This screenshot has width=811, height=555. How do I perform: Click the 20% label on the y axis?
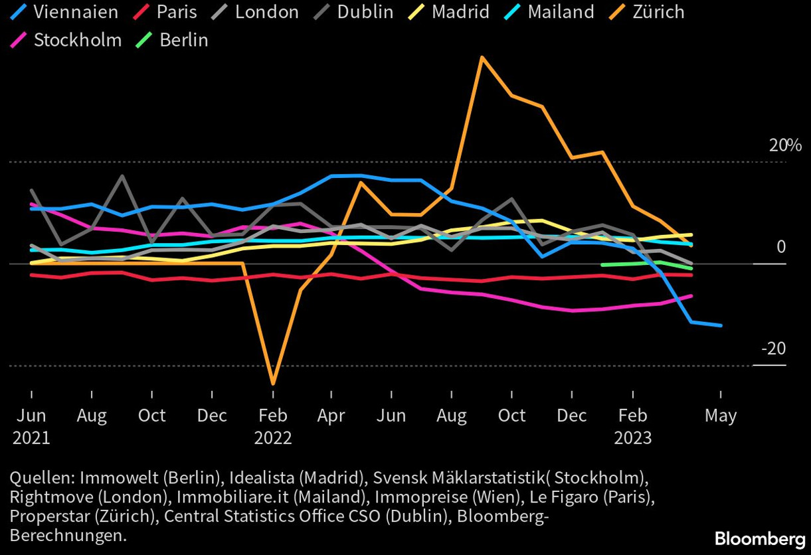coord(786,145)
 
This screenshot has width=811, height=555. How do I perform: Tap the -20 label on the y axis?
coord(772,349)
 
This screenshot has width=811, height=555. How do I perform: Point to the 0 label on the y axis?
coord(781,247)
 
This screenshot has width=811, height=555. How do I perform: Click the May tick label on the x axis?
coord(721,416)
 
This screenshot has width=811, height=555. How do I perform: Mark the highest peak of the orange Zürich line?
coord(482,57)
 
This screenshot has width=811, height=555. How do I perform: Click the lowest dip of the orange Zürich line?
coord(272,383)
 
